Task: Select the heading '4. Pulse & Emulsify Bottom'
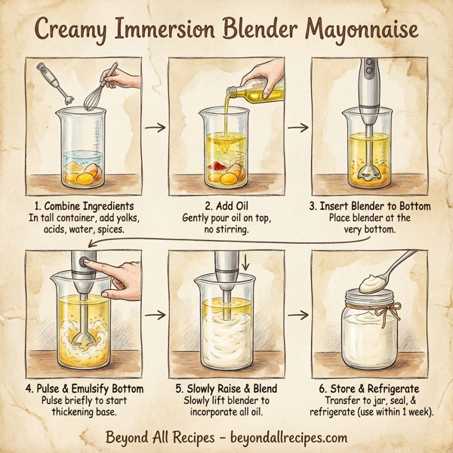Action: pyautogui.click(x=84, y=388)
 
